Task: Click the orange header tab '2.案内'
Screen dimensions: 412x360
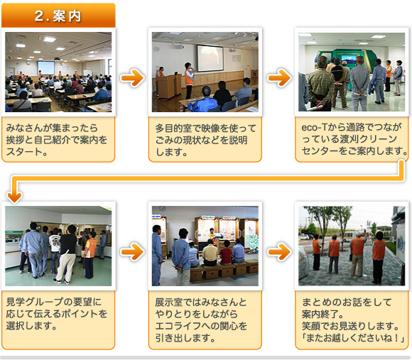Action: [x=58, y=16]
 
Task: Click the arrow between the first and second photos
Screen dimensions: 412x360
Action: [x=132, y=77]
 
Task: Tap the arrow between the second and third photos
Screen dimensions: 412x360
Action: [x=279, y=77]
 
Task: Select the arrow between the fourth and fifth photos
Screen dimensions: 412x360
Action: [x=132, y=251]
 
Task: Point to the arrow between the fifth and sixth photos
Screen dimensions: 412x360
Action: [x=279, y=251]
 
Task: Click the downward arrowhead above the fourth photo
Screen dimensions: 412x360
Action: [x=14, y=197]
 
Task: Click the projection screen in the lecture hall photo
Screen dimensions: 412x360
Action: [x=45, y=67]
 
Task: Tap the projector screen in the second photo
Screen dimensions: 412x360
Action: [x=210, y=58]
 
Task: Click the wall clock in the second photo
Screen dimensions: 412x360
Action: [x=157, y=49]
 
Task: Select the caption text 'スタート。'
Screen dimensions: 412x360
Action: [x=26, y=152]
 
